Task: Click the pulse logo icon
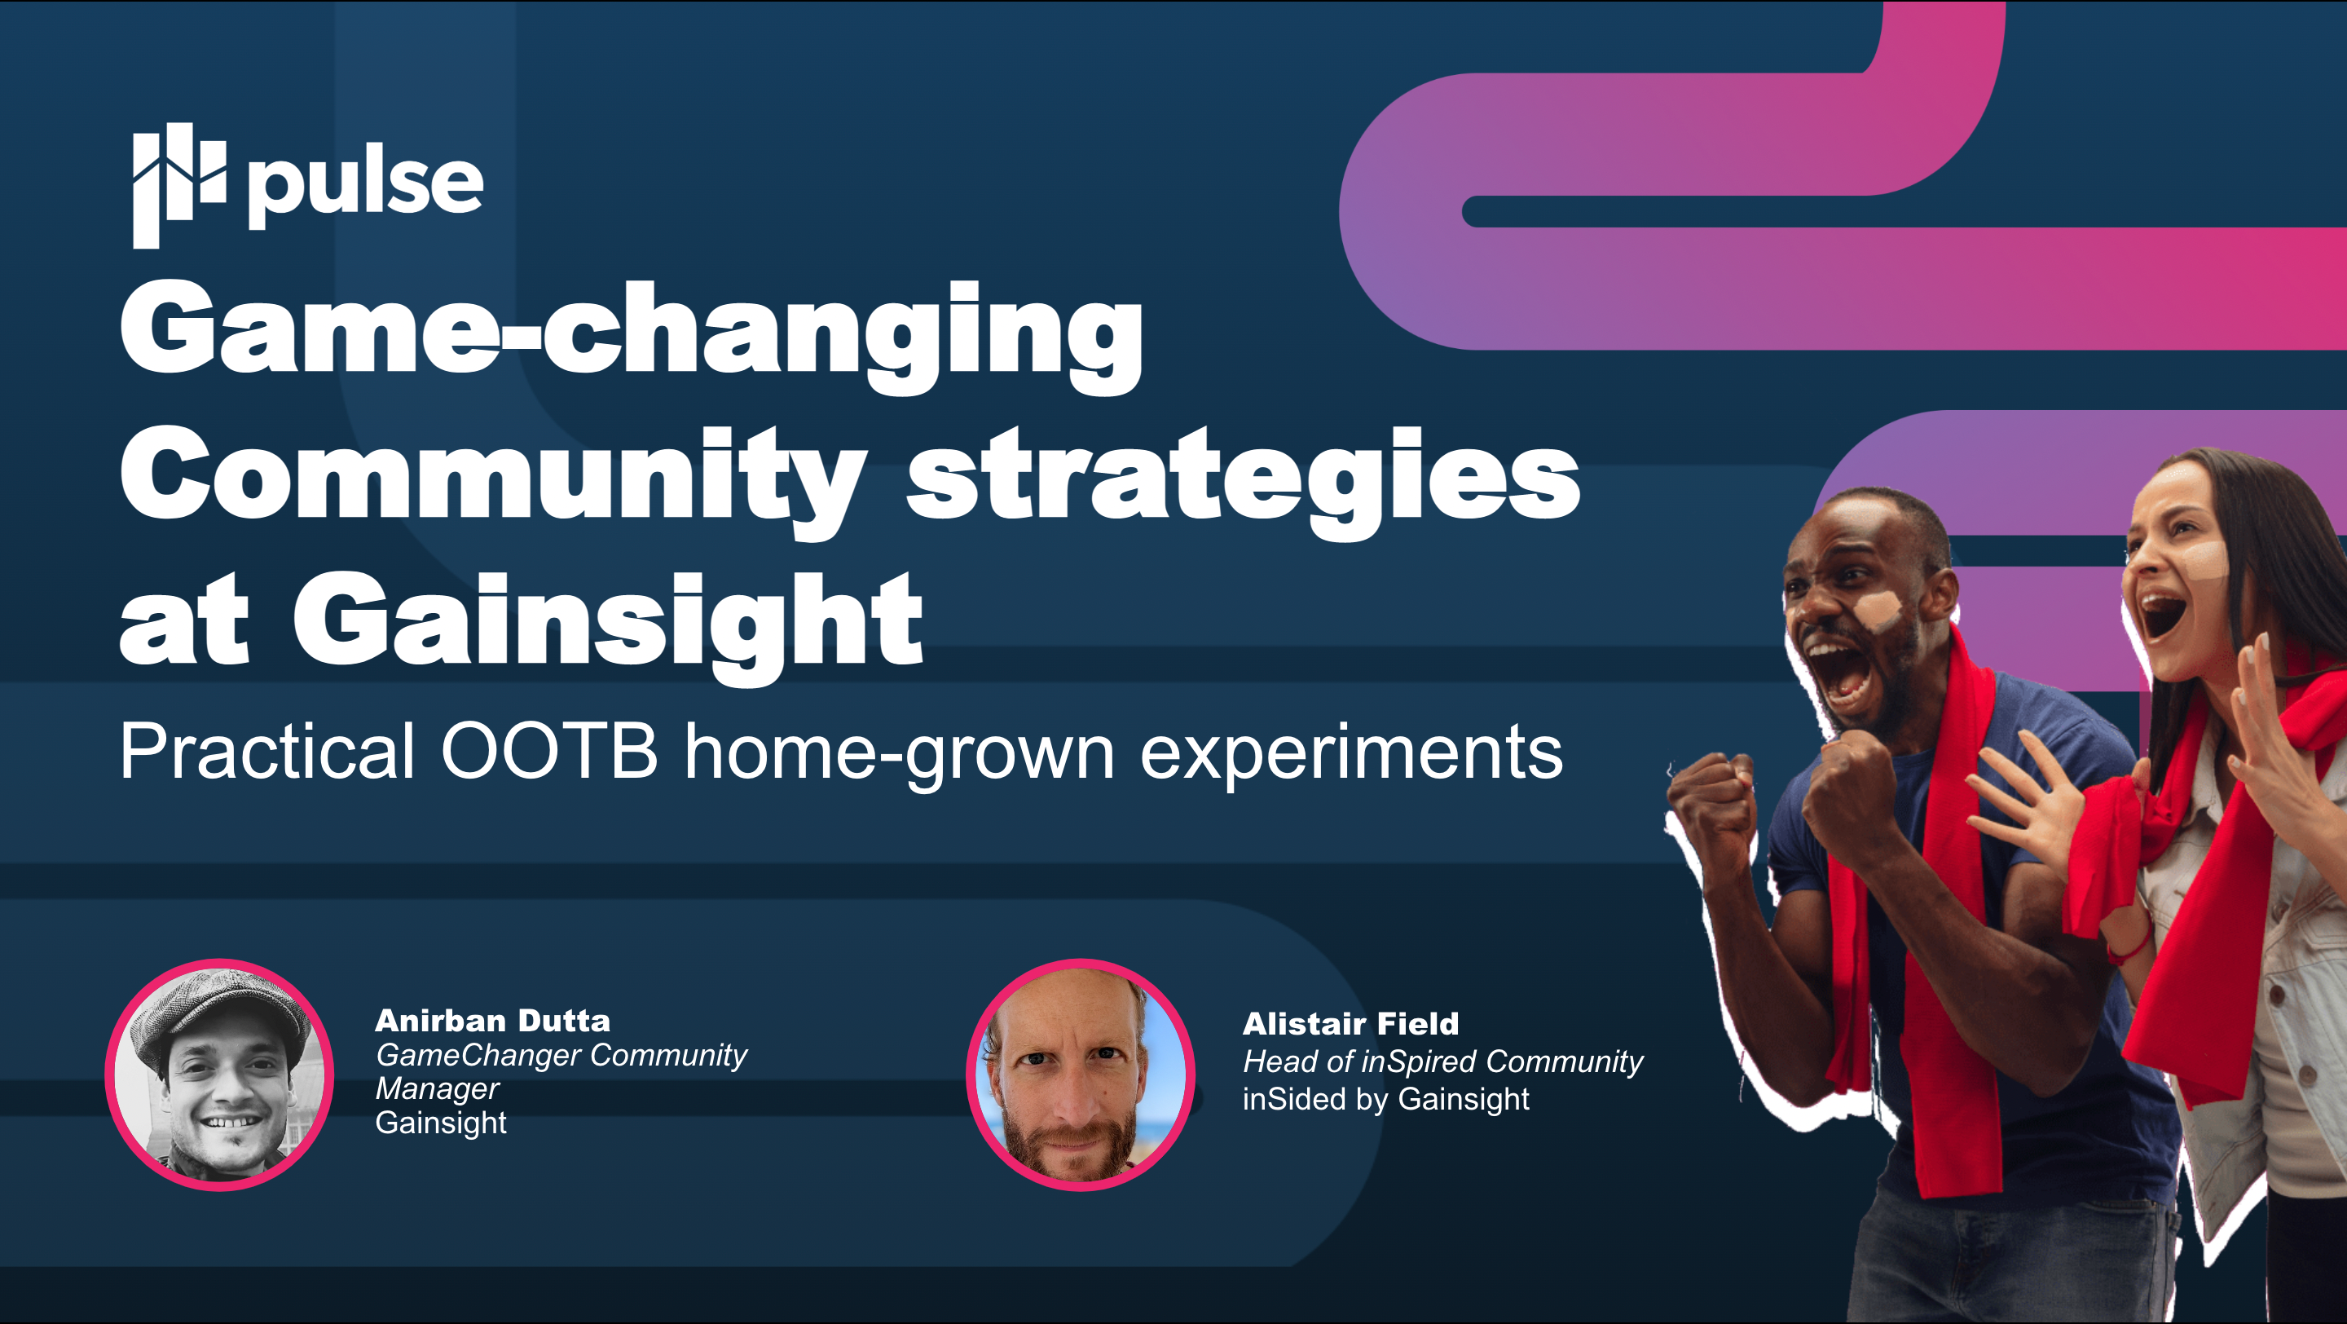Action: (178, 185)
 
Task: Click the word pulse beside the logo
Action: (365, 186)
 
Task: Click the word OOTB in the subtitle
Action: (548, 752)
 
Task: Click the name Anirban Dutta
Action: (493, 1020)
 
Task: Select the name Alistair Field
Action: (1350, 1023)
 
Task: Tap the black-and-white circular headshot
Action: (219, 1075)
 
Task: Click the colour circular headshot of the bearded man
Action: (1081, 1075)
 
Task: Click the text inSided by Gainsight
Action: (1385, 1099)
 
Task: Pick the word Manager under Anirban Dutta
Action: (438, 1089)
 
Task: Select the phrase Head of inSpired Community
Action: (1443, 1061)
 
